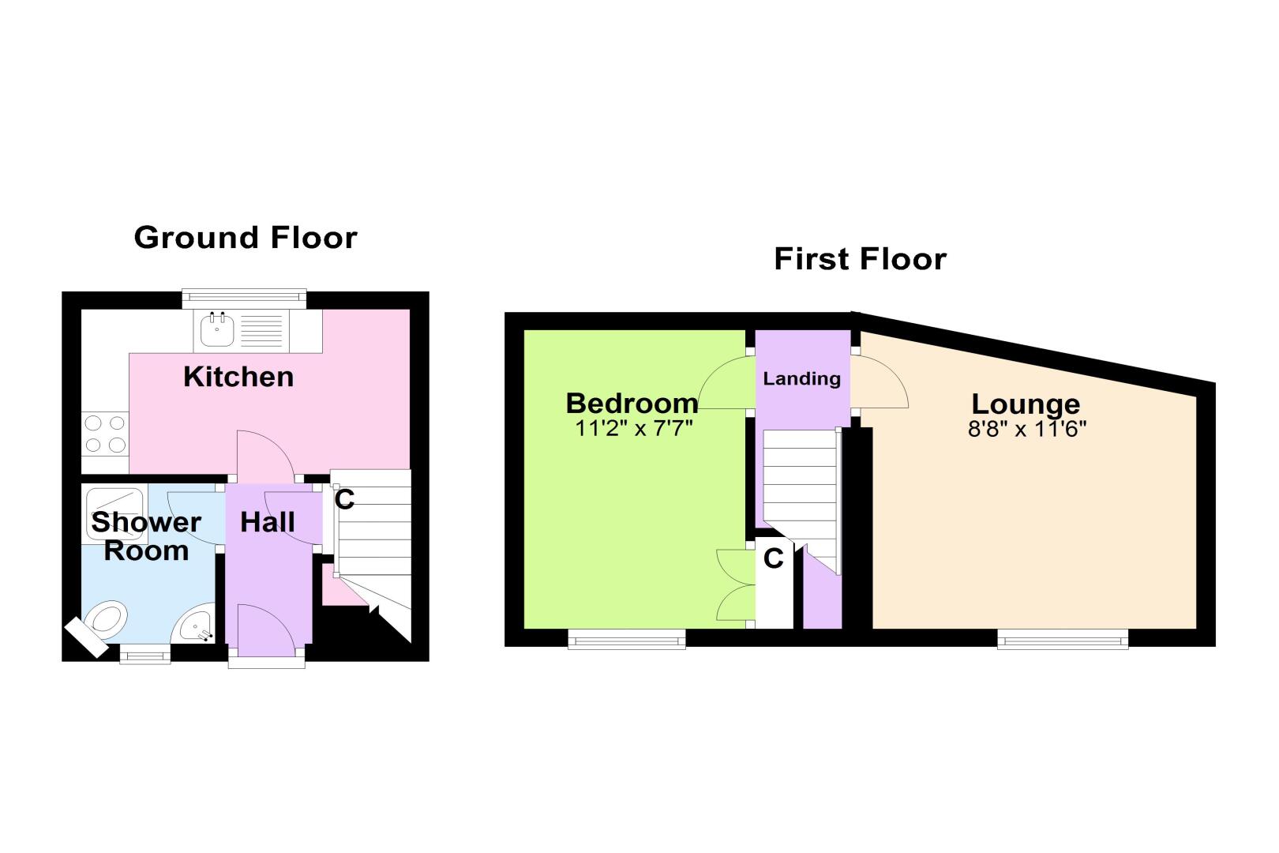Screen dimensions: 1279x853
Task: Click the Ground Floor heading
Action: (x=246, y=238)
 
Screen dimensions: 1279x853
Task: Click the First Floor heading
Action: (x=861, y=259)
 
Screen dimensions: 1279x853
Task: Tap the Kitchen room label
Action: (x=238, y=377)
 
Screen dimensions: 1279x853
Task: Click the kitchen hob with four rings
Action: (x=105, y=434)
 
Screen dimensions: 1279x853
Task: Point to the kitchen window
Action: (x=245, y=299)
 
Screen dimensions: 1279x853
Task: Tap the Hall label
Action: (x=267, y=522)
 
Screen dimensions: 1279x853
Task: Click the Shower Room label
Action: (x=146, y=536)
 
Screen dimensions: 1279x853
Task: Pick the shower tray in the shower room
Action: (x=114, y=513)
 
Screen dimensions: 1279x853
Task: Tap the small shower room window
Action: (x=145, y=654)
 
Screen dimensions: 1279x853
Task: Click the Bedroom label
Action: (x=632, y=404)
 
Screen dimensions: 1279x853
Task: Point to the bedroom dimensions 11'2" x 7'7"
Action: (x=633, y=428)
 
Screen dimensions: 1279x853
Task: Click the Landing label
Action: (x=801, y=379)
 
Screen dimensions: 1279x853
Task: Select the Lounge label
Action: (x=1026, y=404)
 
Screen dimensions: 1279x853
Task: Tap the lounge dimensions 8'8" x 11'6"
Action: (x=1026, y=429)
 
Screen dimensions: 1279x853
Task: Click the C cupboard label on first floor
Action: (x=774, y=558)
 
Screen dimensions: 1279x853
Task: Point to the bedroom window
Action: (x=627, y=639)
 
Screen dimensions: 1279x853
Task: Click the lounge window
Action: (x=1063, y=639)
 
